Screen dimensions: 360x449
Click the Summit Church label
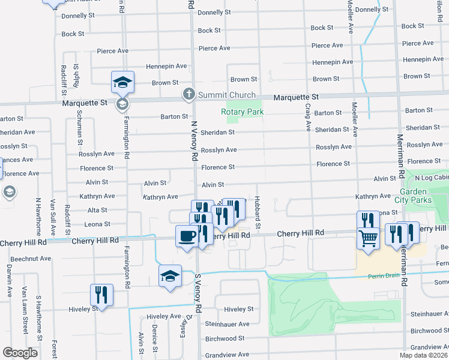pos(227,95)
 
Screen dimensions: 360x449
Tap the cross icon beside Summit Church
pos(188,95)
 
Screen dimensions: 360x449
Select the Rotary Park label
pos(243,112)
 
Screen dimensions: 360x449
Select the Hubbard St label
pos(257,211)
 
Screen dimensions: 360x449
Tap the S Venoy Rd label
pos(197,291)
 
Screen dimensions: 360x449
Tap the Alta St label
pos(97,210)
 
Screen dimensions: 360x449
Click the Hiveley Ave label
pos(163,316)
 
